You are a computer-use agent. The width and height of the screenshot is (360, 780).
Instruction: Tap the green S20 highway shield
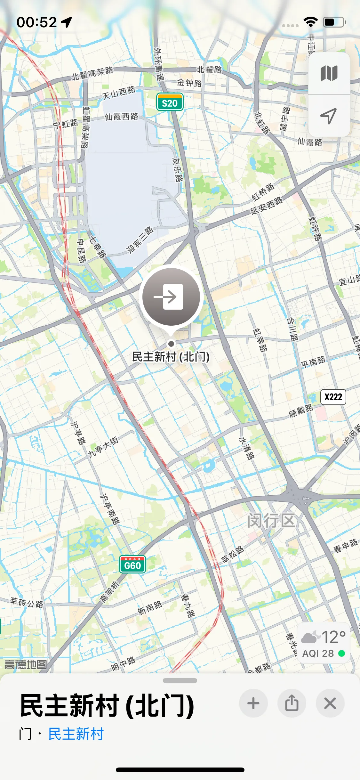click(x=170, y=102)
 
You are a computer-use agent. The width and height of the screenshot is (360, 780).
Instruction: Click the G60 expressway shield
click(x=132, y=565)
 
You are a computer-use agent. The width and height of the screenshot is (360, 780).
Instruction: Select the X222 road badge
click(x=333, y=397)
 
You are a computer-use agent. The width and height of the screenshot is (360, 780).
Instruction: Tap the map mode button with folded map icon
click(x=329, y=73)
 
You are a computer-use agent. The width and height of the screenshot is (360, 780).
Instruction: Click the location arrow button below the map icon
click(x=329, y=116)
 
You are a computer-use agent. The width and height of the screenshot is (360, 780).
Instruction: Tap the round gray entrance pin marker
click(x=171, y=297)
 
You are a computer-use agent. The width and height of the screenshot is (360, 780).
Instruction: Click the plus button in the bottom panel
click(x=253, y=703)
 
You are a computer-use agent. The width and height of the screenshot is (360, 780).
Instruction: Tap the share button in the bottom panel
click(x=292, y=703)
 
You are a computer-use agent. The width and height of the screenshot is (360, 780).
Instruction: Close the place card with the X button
click(x=330, y=703)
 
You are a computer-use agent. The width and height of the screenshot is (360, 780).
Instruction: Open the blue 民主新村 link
click(x=76, y=734)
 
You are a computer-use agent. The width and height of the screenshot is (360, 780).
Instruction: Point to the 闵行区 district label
click(x=271, y=520)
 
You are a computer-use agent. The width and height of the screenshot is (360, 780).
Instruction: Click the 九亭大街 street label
click(x=103, y=447)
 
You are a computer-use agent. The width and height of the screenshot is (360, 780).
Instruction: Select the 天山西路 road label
click(x=119, y=93)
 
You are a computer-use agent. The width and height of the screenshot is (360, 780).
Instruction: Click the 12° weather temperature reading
click(x=333, y=637)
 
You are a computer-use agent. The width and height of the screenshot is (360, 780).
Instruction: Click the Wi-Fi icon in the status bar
click(x=310, y=22)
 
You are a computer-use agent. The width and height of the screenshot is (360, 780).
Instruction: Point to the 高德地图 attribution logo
click(x=26, y=664)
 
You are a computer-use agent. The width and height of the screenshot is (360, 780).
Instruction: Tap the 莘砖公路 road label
click(x=27, y=602)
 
